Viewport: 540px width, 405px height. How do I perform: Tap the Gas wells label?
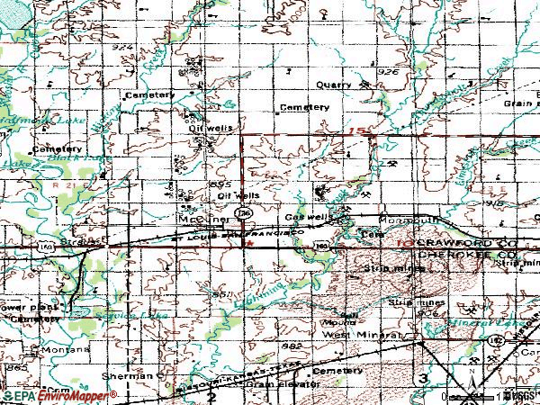pyautogui.click(x=303, y=219)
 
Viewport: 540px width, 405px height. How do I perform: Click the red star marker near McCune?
pyautogui.click(x=249, y=242)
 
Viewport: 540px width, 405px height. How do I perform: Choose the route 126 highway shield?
pyautogui.click(x=243, y=213)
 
